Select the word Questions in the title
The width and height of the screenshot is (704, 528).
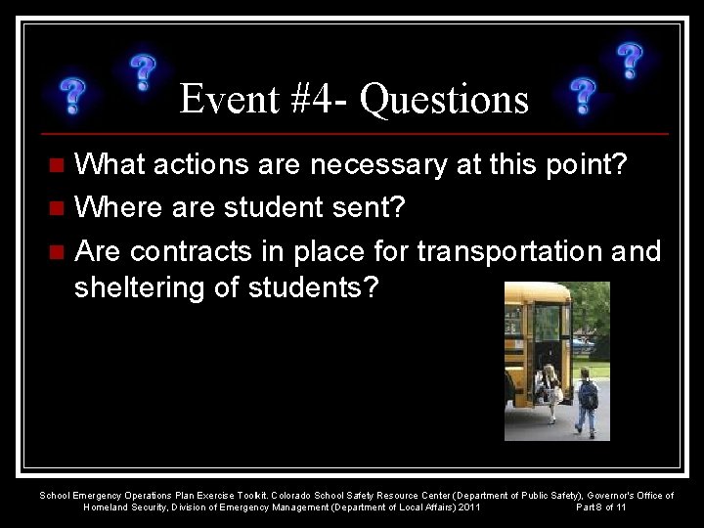(x=444, y=99)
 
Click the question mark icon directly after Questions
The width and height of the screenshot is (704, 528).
(x=584, y=96)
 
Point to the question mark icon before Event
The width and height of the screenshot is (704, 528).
(x=143, y=72)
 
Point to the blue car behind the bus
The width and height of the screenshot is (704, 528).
(x=584, y=344)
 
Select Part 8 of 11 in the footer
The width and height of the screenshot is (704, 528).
(x=601, y=507)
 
